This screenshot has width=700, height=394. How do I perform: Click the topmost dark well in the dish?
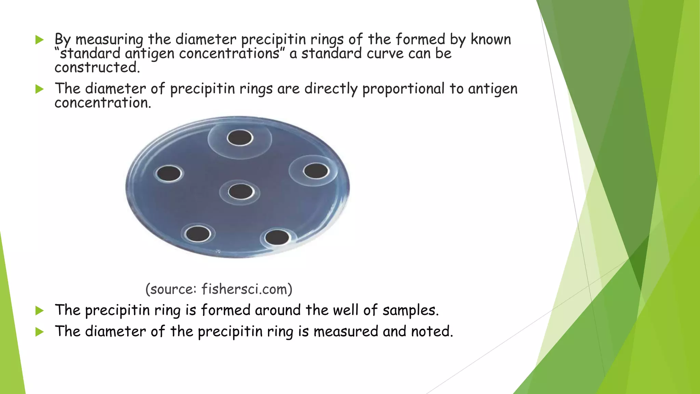tap(240, 138)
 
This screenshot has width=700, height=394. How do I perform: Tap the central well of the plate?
tap(241, 192)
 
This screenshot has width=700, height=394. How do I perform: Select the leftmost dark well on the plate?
tap(169, 173)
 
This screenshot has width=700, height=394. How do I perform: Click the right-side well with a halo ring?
tap(316, 171)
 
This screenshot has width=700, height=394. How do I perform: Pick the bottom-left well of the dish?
tap(198, 234)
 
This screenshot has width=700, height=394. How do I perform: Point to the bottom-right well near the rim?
tap(277, 237)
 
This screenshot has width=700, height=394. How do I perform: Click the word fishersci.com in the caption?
tap(247, 289)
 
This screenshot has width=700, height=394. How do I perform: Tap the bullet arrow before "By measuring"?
tap(40, 40)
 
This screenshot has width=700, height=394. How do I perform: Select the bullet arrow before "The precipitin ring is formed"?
tap(40, 311)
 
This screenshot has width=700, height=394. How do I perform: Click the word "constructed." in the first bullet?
tap(97, 67)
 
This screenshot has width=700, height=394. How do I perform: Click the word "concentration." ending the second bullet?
tap(103, 103)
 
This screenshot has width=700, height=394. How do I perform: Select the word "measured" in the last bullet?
tap(346, 331)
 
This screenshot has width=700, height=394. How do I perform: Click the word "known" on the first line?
tap(491, 40)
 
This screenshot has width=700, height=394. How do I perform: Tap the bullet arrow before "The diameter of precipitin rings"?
tap(40, 90)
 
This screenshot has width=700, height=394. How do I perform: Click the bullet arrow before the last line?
tap(40, 332)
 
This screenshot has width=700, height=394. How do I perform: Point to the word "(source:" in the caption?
tap(171, 289)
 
